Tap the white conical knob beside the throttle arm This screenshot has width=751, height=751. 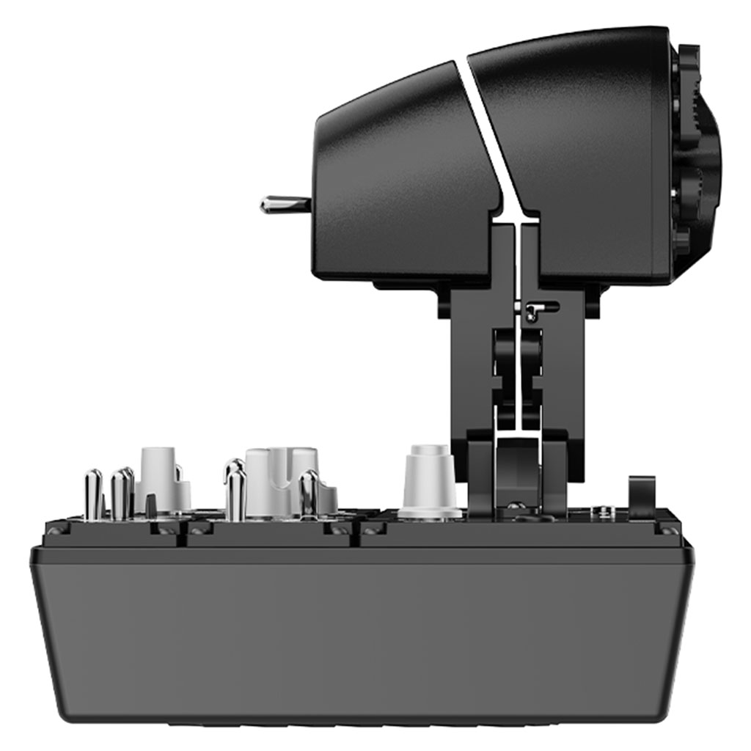tap(430, 481)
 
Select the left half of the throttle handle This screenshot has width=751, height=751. tap(400, 183)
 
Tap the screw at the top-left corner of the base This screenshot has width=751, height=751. tap(55, 530)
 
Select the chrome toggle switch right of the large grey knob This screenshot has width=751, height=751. tap(309, 494)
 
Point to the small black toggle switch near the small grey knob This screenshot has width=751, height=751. tap(151, 505)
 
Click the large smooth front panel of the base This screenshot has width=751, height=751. tap(359, 631)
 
